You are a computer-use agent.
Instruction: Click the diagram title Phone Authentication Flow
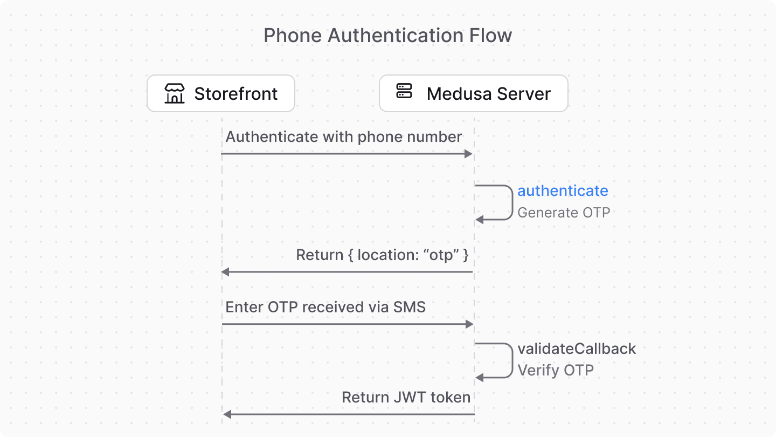tap(387, 36)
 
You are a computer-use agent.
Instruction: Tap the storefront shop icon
tap(174, 93)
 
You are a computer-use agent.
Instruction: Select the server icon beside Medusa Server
tap(404, 91)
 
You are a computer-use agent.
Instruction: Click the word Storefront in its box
tap(235, 94)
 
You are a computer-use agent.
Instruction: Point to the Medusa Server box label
tap(488, 94)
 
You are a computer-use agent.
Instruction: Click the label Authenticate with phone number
tap(343, 136)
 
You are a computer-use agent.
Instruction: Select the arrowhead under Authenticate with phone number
tap(468, 154)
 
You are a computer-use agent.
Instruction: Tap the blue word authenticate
tap(563, 190)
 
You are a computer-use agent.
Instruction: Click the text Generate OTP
tap(563, 213)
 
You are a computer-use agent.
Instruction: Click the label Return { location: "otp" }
tap(382, 255)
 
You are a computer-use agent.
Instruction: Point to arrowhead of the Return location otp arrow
tap(226, 272)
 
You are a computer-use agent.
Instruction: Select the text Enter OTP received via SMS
tap(325, 307)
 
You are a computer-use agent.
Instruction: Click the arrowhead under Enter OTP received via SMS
tap(469, 324)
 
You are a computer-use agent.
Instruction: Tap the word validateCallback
tap(577, 349)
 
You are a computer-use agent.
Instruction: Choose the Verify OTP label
tap(555, 371)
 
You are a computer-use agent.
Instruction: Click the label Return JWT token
tap(406, 398)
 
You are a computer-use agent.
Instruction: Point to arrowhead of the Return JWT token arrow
tap(227, 414)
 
